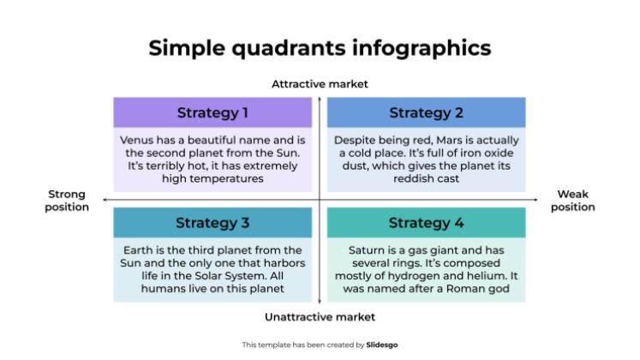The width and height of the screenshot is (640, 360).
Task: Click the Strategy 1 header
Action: [x=212, y=112]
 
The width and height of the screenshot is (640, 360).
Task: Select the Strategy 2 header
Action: [x=426, y=112]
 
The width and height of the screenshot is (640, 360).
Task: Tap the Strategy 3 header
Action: [x=212, y=223]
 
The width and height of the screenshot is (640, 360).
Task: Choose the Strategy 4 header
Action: [x=426, y=223]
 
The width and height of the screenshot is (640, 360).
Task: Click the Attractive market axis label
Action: [x=320, y=84]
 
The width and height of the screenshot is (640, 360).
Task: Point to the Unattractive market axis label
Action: [x=320, y=316]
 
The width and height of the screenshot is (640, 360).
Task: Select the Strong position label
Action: [x=67, y=201]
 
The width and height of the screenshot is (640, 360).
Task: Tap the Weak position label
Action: [x=572, y=201]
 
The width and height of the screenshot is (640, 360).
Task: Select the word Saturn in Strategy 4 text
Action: [x=367, y=250]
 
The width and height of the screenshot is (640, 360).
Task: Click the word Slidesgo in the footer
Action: [x=383, y=345]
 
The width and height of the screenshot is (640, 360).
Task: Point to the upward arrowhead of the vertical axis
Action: [x=320, y=97]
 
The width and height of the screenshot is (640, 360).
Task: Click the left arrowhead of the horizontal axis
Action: [x=105, y=200]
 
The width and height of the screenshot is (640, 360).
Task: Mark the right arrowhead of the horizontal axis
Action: [x=535, y=200]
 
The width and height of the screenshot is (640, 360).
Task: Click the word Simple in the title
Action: [x=182, y=47]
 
